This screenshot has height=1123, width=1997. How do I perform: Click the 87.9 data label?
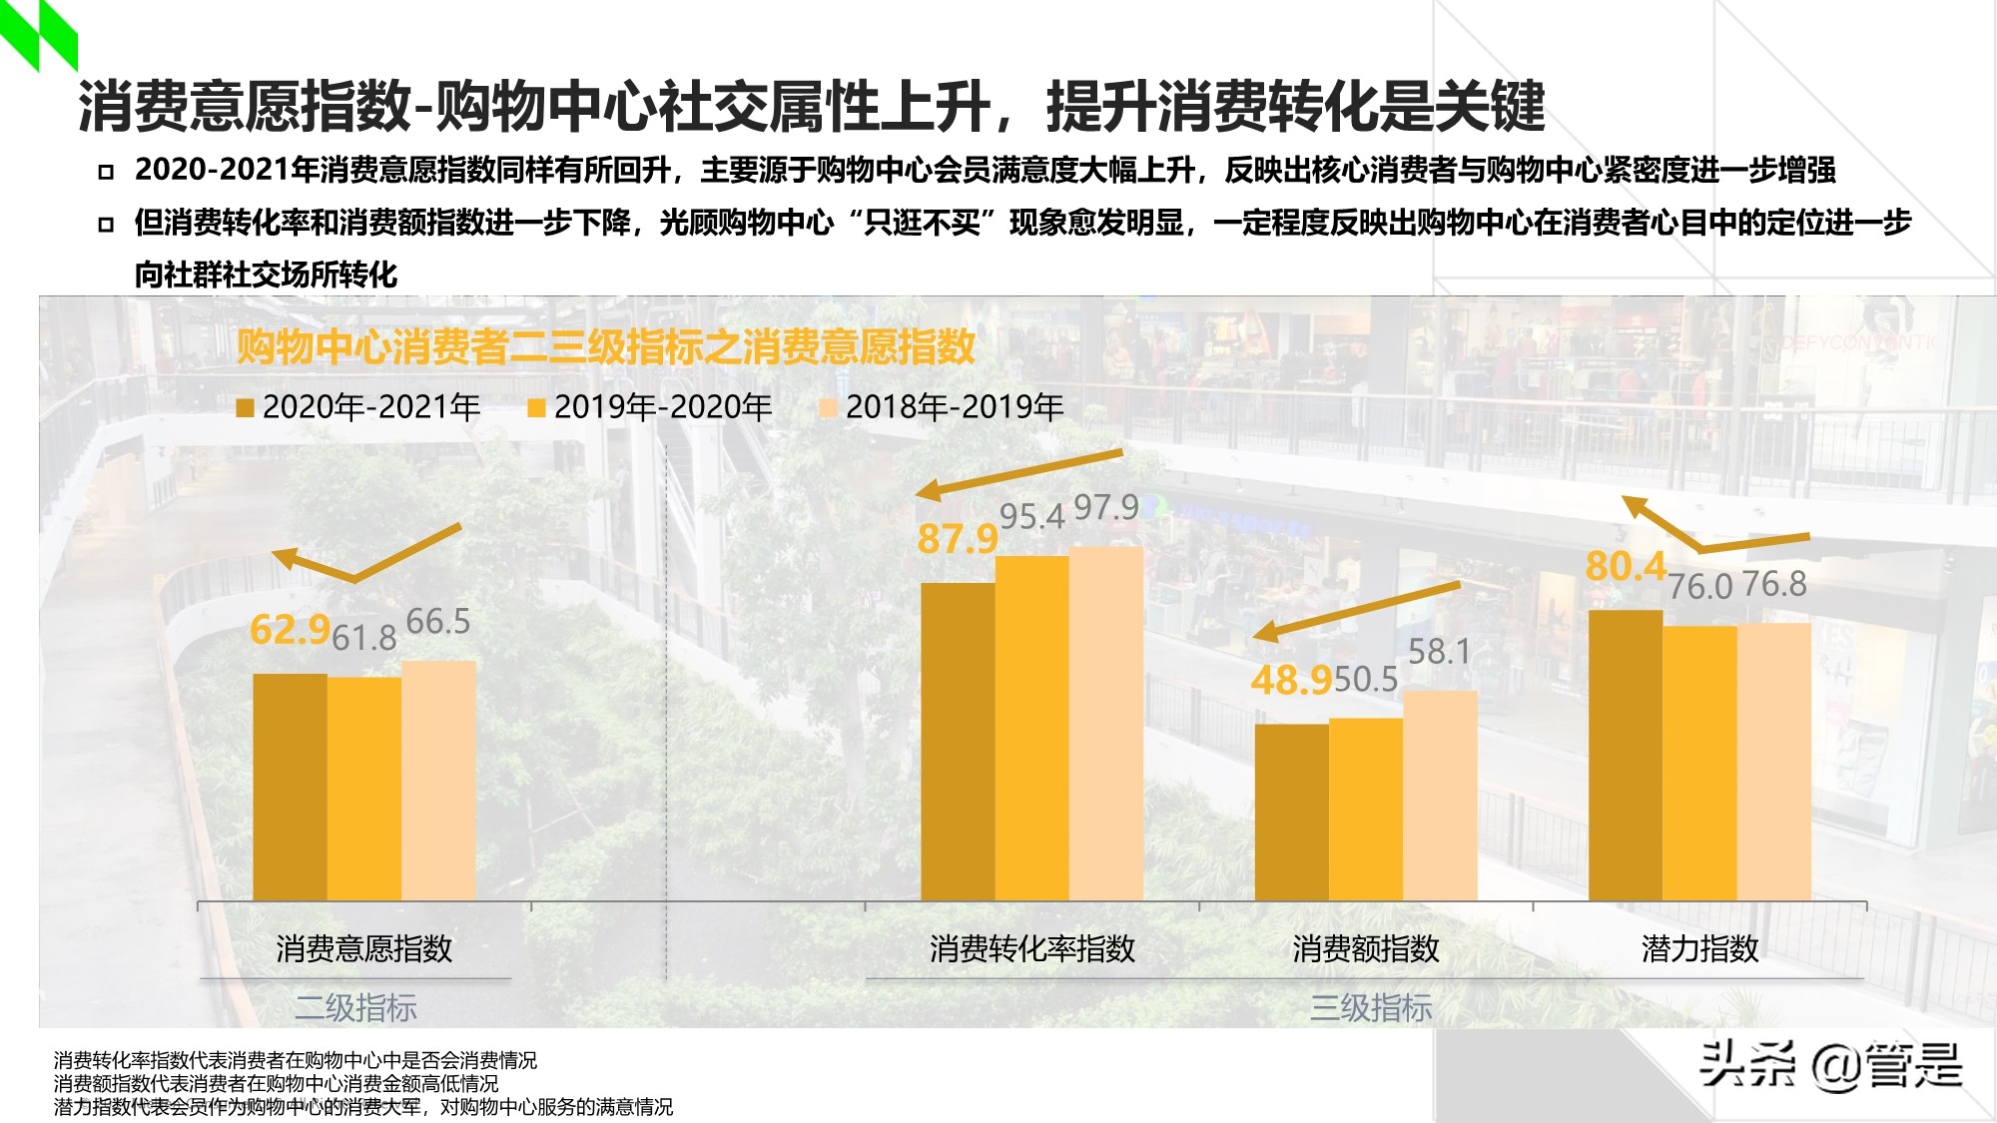pyautogui.click(x=957, y=539)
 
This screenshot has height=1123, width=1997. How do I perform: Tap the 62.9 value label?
pyautogui.click(x=290, y=630)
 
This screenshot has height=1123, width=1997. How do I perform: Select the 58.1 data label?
pyautogui.click(x=1439, y=652)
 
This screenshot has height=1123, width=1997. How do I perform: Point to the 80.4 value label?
pyautogui.click(x=1626, y=566)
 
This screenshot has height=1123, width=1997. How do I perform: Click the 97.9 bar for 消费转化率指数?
pyautogui.click(x=1105, y=723)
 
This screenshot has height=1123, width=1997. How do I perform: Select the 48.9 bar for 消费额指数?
pyautogui.click(x=1291, y=812)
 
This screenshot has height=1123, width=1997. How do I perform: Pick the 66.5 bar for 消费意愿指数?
pyautogui.click(x=438, y=780)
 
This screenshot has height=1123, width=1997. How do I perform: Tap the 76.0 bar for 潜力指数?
pyautogui.click(x=1699, y=763)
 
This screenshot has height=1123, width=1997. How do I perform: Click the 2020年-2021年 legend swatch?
pyautogui.click(x=245, y=407)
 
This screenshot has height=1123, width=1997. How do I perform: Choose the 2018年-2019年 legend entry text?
pyautogui.click(x=954, y=407)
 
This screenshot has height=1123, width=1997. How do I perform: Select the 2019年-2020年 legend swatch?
pyautogui.click(x=536, y=407)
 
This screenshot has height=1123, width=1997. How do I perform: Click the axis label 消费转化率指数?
pyautogui.click(x=1031, y=948)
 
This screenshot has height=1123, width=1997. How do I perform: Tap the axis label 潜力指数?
pyautogui.click(x=1699, y=948)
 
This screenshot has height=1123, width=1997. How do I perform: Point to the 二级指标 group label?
pyautogui.click(x=355, y=1007)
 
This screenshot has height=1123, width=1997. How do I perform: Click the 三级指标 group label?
pyautogui.click(x=1370, y=1007)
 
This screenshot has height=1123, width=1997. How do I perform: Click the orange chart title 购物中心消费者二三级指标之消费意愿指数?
pyautogui.click(x=605, y=346)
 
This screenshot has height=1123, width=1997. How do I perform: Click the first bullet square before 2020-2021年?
pyautogui.click(x=106, y=172)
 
